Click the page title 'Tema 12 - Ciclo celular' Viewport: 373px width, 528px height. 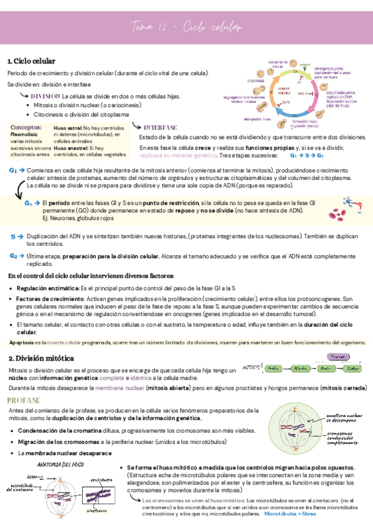pos(187,27)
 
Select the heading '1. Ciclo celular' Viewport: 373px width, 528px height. pos(31,61)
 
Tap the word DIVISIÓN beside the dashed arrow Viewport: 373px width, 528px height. pos(45,97)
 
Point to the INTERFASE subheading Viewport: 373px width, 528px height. pos(160,127)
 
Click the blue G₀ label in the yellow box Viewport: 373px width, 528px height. pos(29,203)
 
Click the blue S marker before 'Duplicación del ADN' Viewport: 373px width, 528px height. pos(13,237)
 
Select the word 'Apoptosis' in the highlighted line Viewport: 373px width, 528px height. pos(22,342)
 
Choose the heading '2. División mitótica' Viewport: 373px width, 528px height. pos(41,359)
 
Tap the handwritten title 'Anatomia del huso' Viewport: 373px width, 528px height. pos(60,464)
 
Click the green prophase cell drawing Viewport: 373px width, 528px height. pos(295,430)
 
